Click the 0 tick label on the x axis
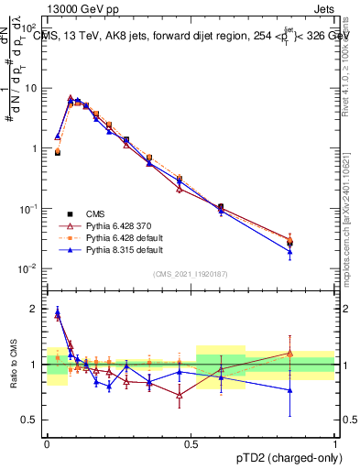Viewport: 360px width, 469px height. point(47,442)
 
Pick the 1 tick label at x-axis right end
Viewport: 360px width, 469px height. point(334,442)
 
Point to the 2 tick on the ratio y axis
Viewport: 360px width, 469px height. point(38,309)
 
